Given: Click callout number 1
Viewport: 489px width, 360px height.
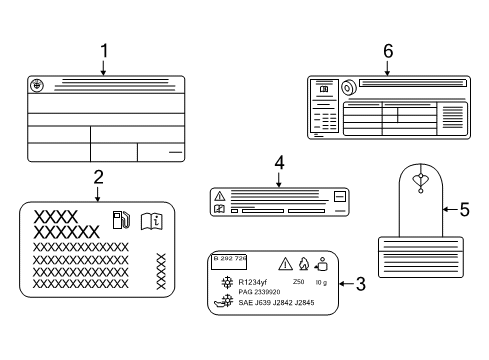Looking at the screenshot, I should (x=103, y=49).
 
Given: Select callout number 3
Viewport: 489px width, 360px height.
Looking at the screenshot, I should (x=360, y=284).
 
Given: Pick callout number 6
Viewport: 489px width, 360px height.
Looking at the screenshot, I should (x=387, y=49).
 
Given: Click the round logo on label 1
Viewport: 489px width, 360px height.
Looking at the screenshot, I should (x=38, y=86).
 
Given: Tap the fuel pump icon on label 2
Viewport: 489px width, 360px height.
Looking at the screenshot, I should (x=121, y=218).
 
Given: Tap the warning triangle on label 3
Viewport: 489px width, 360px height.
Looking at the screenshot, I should (x=284, y=264).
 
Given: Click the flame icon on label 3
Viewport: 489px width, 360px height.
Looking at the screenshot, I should (x=302, y=265).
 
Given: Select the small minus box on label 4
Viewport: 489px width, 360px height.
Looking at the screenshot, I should (x=339, y=197).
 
